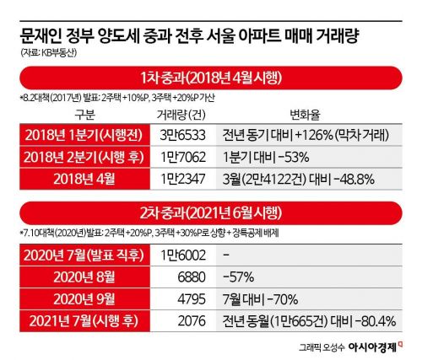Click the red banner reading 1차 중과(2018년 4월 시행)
point(211,80)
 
